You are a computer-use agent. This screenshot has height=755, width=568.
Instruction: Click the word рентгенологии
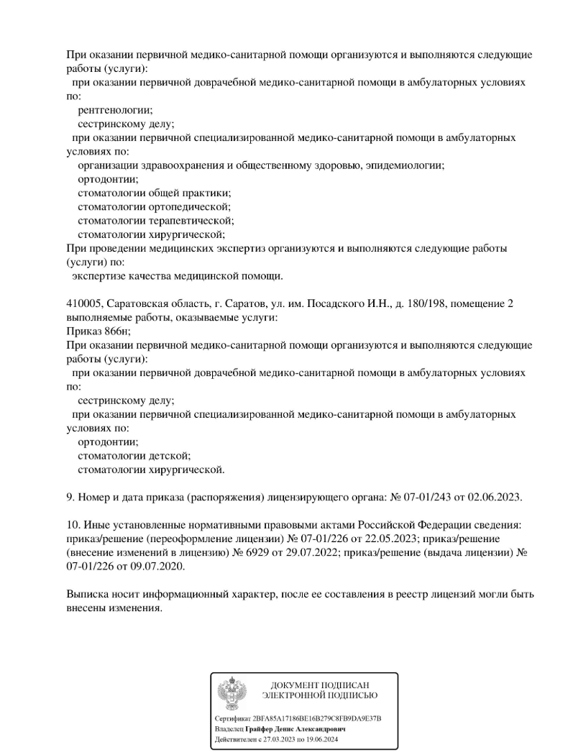[114, 109]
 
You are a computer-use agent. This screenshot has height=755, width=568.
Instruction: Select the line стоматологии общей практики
[154, 193]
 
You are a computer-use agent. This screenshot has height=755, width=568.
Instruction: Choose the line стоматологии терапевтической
[155, 220]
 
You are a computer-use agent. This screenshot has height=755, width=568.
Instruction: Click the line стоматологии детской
[134, 456]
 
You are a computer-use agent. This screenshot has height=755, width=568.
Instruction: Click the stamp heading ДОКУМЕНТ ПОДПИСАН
[319, 685]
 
